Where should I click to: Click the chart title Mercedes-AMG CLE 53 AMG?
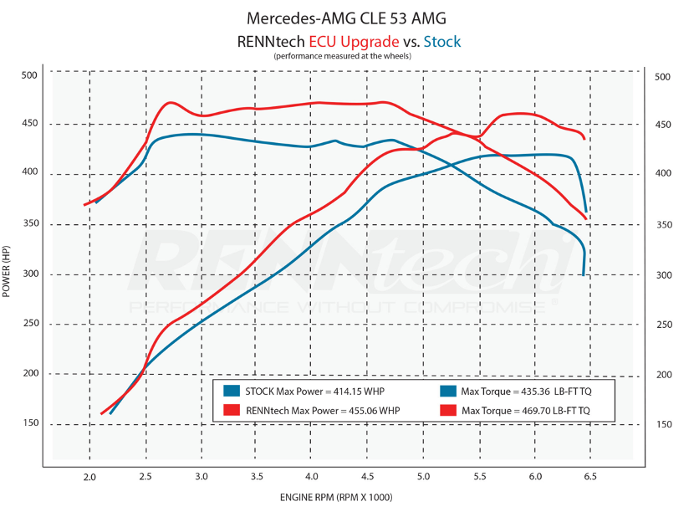(x=346, y=18)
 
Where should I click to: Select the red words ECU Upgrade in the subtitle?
(x=354, y=42)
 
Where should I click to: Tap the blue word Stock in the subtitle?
(x=441, y=42)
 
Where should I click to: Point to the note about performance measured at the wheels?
(x=342, y=56)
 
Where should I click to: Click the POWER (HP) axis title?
(x=6, y=272)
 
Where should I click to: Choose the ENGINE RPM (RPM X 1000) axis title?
(x=336, y=497)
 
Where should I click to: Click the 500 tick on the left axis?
(x=29, y=75)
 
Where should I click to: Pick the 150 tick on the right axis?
(x=664, y=424)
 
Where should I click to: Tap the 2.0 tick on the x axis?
(x=89, y=477)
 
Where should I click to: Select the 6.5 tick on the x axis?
(x=589, y=476)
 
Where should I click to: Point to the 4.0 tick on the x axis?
(x=312, y=476)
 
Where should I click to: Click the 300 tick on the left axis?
(x=31, y=274)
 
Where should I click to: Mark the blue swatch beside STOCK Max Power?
(x=232, y=392)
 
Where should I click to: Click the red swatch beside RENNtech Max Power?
(x=232, y=410)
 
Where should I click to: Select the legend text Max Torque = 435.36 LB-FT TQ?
(x=526, y=392)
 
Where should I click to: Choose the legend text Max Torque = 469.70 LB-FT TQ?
(x=526, y=410)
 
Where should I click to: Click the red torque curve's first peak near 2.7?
(x=171, y=103)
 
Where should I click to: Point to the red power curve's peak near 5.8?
(x=519, y=114)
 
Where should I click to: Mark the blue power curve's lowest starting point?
(x=110, y=413)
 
